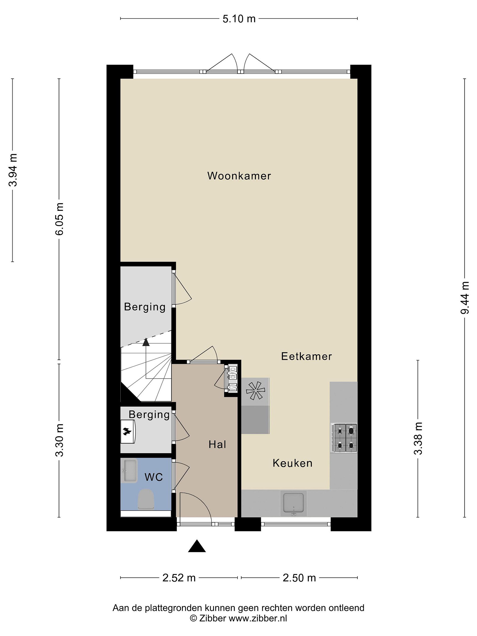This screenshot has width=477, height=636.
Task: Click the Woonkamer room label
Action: pyautogui.click(x=239, y=176)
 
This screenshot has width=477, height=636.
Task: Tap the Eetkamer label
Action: pyautogui.click(x=306, y=356)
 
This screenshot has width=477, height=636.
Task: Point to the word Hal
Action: pyautogui.click(x=217, y=445)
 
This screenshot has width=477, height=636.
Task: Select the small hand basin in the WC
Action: pyautogui.click(x=130, y=471)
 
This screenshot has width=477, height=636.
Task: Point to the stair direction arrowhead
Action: pyautogui.click(x=146, y=342)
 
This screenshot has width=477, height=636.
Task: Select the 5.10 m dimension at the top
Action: pyautogui.click(x=239, y=19)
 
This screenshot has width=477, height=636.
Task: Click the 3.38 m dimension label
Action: pyautogui.click(x=418, y=439)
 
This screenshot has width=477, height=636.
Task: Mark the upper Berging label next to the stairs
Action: pyautogui.click(x=145, y=307)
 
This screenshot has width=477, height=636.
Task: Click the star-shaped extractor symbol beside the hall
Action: pyautogui.click(x=255, y=390)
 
